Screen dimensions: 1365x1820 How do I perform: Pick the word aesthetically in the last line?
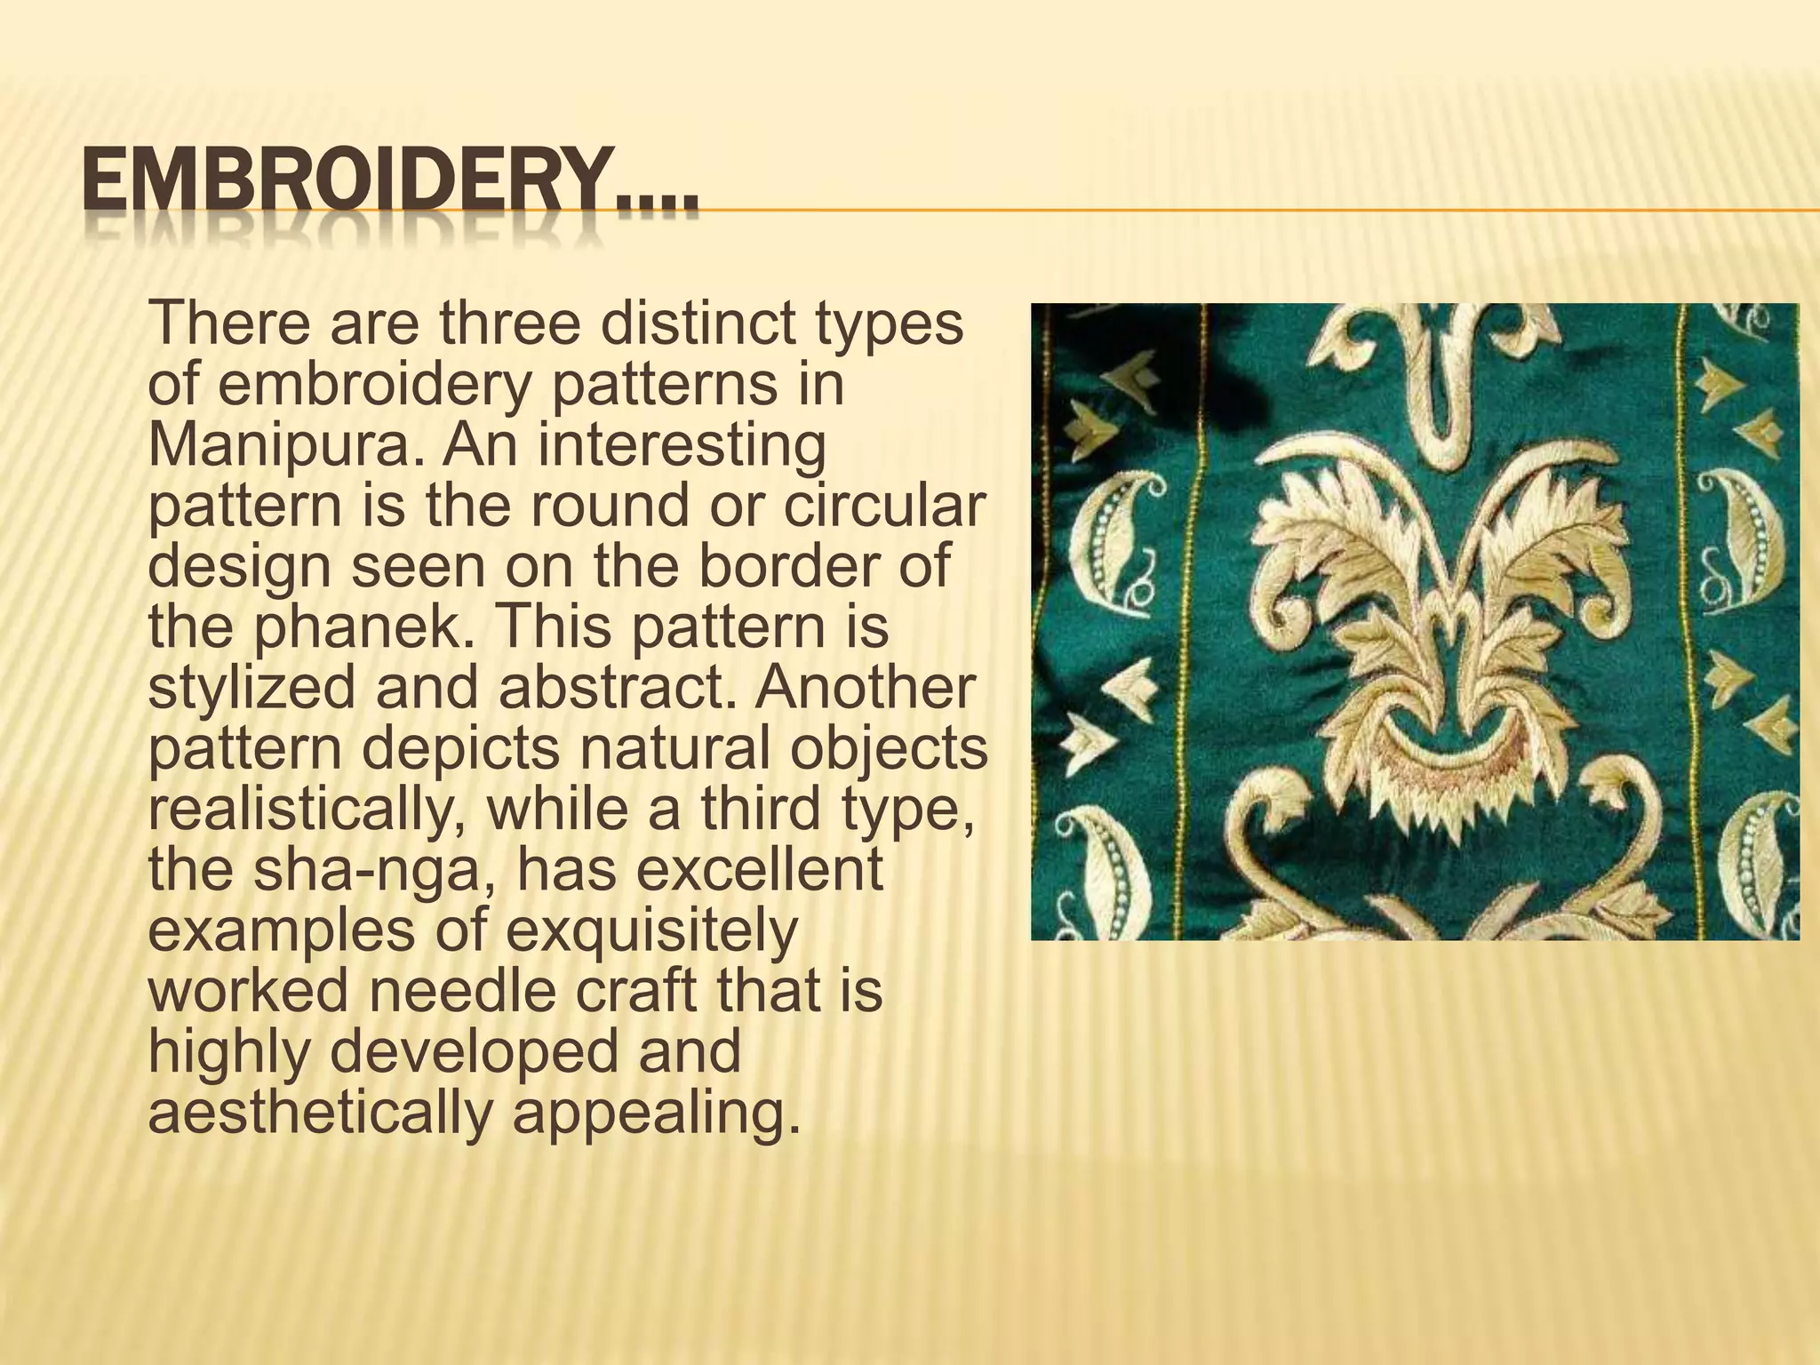point(319,1113)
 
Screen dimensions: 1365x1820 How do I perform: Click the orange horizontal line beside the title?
point(1244,211)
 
